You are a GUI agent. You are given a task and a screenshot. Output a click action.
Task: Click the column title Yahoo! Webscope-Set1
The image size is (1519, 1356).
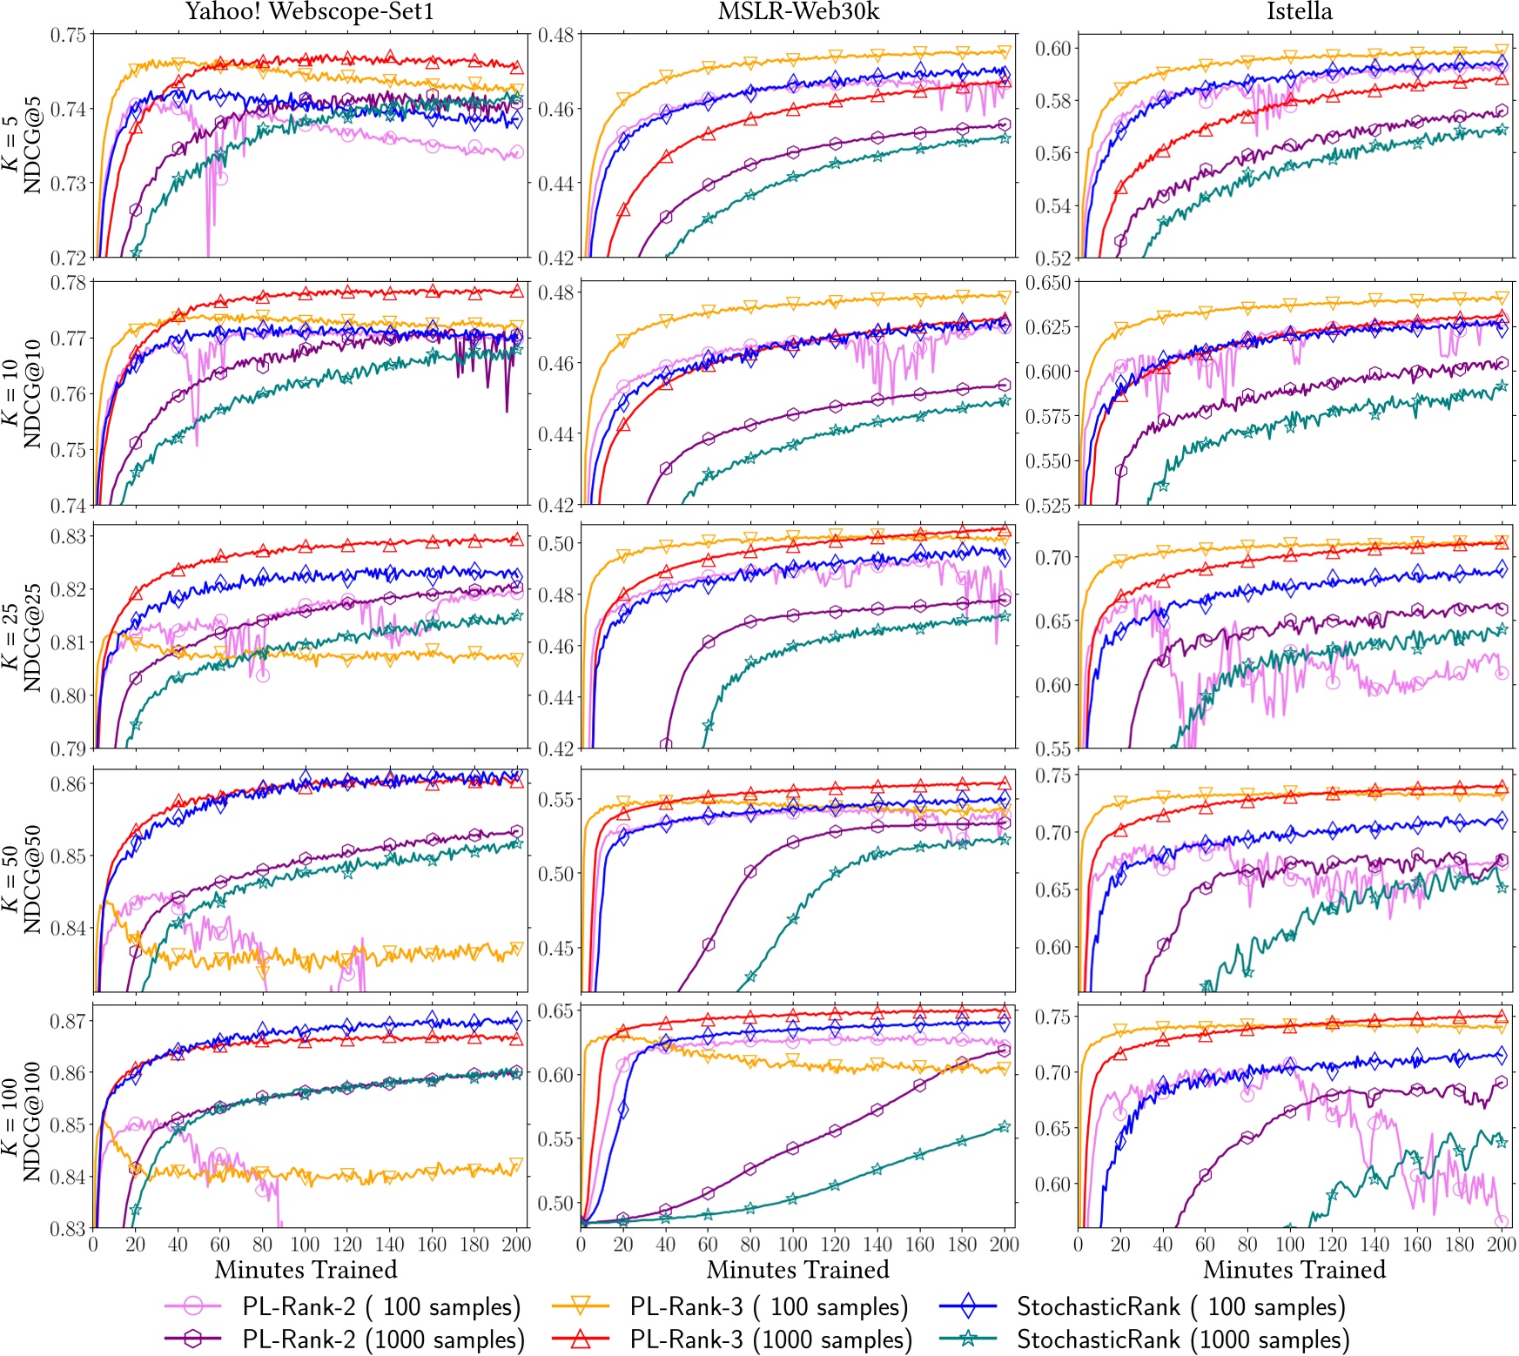point(309,11)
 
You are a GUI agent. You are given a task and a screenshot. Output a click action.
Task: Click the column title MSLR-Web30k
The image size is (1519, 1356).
point(797,11)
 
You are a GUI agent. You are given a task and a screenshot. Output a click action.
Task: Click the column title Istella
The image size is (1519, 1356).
point(1299,11)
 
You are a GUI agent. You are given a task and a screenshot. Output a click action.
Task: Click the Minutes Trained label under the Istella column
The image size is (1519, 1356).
point(1294,1270)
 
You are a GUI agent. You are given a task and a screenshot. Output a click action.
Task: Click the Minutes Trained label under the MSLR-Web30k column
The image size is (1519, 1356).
point(797,1270)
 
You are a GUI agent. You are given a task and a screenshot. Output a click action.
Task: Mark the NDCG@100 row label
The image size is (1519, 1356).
point(32,1121)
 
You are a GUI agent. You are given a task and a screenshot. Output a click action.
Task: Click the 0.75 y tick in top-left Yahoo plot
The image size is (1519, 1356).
point(68,36)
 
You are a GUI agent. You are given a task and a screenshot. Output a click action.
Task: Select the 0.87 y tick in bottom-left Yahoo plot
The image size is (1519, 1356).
point(68,1020)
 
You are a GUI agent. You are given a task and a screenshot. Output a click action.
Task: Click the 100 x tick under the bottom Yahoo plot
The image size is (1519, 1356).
point(305,1245)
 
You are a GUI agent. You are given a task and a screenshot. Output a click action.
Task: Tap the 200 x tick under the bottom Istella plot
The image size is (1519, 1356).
point(1501,1245)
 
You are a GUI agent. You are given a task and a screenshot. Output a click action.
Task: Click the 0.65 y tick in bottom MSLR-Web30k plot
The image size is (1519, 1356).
point(555,1011)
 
